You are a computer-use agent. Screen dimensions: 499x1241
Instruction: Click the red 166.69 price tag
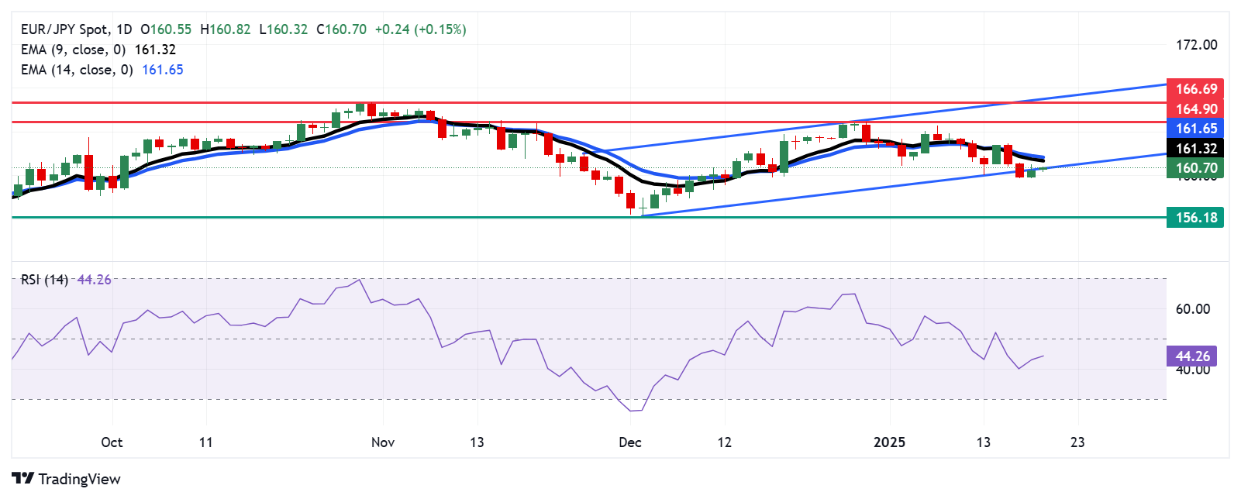[1195, 89]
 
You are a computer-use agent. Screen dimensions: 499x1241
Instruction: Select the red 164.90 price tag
[1195, 109]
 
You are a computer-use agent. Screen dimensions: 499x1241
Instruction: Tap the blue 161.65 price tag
[1195, 129]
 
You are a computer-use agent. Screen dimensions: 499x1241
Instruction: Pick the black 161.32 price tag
[1195, 149]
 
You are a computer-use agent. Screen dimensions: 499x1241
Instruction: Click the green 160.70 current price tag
[1195, 168]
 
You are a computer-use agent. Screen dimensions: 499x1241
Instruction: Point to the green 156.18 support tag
[1195, 218]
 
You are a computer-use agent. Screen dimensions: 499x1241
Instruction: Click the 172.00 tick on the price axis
[1196, 45]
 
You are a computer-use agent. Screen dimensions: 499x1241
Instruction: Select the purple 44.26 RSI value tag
[1191, 356]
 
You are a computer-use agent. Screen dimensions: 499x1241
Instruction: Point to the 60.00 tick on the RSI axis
[1192, 309]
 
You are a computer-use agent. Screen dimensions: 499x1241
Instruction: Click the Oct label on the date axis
[112, 442]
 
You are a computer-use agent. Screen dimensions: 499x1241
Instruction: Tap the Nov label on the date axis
[383, 442]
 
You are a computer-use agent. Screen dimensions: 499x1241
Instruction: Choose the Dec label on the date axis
[630, 442]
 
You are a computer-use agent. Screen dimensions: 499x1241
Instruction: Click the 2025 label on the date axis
[889, 442]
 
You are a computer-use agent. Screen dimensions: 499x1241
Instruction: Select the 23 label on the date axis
[1077, 442]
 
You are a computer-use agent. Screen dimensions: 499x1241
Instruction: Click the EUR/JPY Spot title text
[65, 29]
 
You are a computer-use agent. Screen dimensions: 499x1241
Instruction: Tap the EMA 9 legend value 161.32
[155, 50]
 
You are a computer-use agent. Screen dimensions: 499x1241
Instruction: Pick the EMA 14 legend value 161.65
[163, 70]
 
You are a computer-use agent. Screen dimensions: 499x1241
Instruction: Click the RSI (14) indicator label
[44, 280]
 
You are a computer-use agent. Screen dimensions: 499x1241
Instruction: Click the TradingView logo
[67, 479]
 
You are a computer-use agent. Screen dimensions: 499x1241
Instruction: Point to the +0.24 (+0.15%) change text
[420, 29]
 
